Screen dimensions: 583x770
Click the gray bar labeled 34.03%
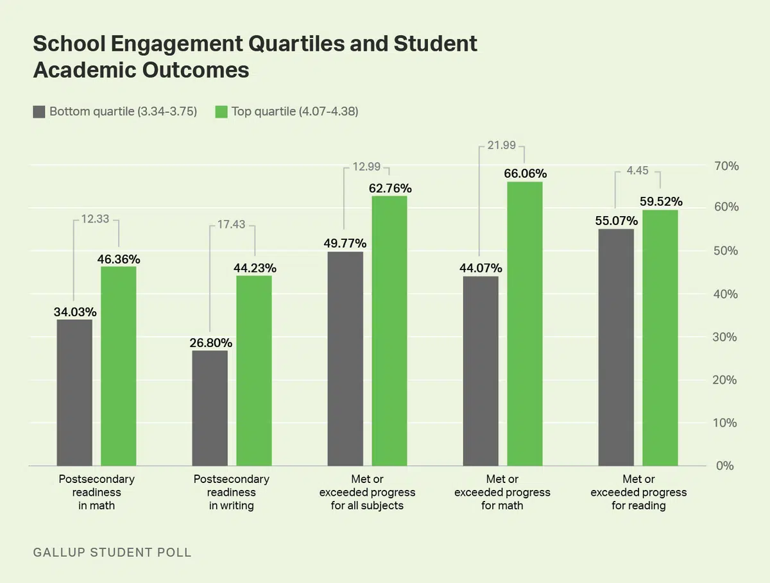tap(74, 393)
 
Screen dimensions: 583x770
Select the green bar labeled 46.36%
tap(118, 366)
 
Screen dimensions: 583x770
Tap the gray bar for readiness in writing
tap(210, 408)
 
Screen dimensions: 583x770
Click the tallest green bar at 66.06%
tap(525, 323)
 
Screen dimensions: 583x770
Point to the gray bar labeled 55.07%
tap(616, 347)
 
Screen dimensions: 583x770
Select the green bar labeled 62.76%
tap(389, 330)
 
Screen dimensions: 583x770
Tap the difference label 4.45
tap(638, 171)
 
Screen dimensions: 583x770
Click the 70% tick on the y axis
tap(726, 166)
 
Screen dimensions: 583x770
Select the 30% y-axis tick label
tap(726, 337)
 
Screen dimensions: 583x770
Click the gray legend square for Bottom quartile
tap(39, 112)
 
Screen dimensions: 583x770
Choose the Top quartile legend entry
tap(286, 112)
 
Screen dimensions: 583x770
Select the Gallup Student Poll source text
tap(112, 552)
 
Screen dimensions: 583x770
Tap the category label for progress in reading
tap(638, 493)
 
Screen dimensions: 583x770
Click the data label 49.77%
tap(345, 243)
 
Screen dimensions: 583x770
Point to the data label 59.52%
tap(660, 201)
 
